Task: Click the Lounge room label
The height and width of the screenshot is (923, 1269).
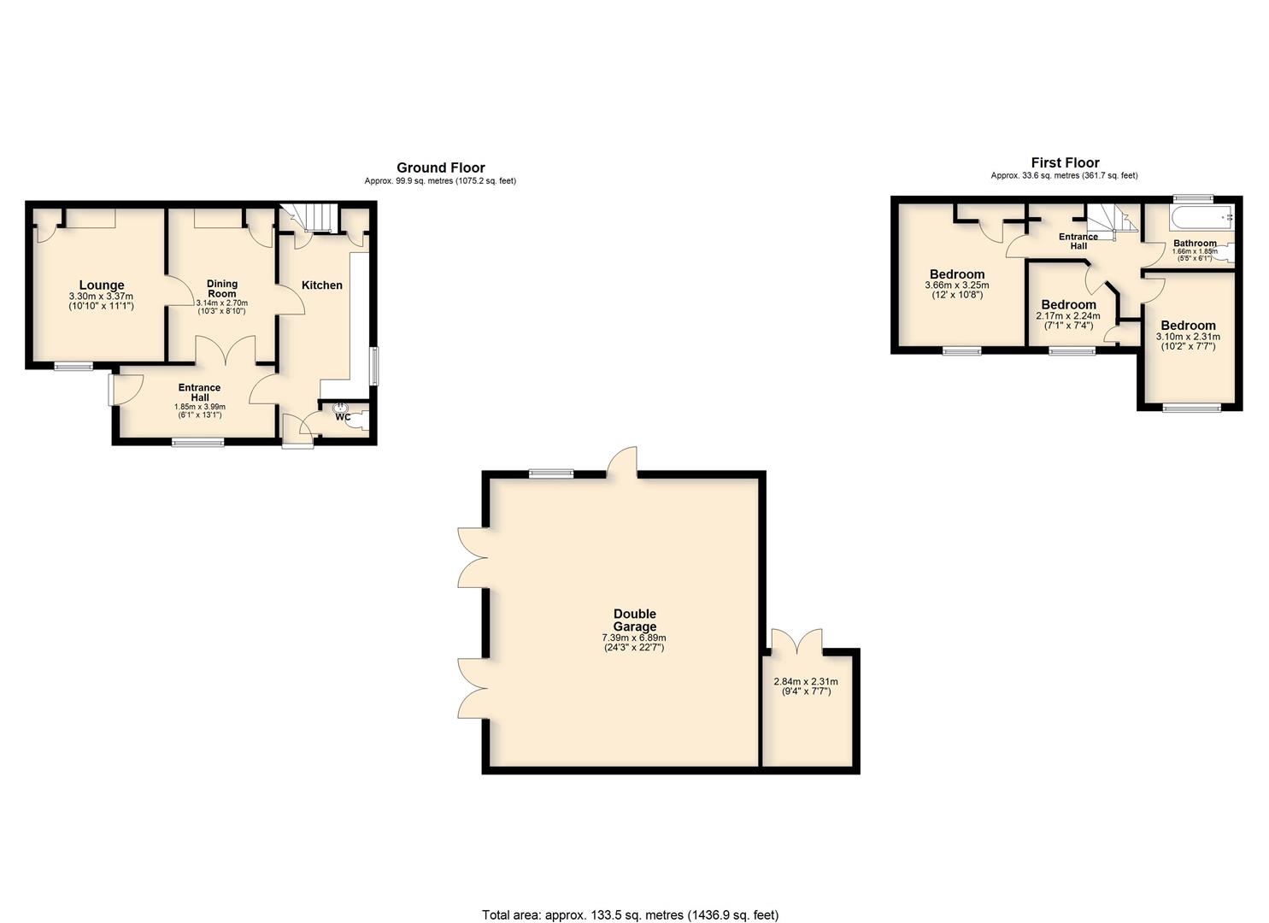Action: click(102, 285)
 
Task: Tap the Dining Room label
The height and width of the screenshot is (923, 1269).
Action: click(222, 288)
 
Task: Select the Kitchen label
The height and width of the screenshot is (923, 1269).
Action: click(322, 285)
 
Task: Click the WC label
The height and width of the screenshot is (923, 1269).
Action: click(343, 417)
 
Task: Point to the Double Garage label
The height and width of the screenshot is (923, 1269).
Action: click(634, 620)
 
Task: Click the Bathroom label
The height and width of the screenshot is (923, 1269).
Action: click(1195, 244)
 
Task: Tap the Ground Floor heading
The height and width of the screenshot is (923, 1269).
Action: click(441, 168)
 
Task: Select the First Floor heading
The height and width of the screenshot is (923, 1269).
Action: click(1065, 163)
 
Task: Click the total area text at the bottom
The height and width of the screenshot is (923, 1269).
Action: click(631, 899)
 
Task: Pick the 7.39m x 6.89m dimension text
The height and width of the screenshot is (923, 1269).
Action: click(634, 638)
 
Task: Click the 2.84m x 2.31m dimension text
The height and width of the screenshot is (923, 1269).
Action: click(806, 682)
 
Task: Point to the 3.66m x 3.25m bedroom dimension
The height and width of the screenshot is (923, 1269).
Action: click(957, 285)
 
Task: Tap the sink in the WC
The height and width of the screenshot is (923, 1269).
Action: click(341, 407)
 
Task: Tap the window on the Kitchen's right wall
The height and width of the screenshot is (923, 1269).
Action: click(374, 366)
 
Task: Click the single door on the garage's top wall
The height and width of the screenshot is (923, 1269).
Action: click(622, 462)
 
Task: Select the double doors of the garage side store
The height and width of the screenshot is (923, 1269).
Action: click(796, 642)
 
